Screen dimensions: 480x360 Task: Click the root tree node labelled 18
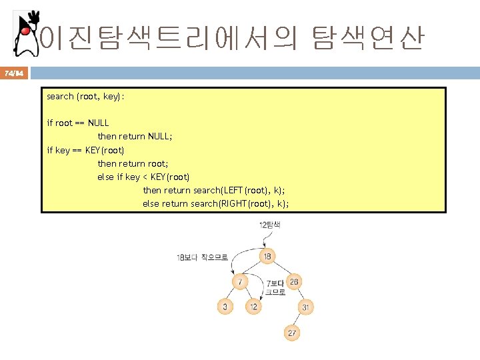pos(267,257)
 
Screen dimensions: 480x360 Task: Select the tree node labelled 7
pos(240,282)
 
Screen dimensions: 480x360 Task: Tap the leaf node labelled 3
pos(225,307)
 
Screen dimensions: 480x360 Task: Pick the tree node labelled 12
pos(253,307)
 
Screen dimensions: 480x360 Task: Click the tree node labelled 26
pos(293,282)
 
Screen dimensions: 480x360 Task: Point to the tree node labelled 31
pos(305,307)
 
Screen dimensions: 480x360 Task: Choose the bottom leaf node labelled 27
pos(291,332)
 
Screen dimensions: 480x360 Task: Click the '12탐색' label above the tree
pos(270,225)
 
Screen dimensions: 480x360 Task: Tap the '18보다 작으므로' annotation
pos(202,257)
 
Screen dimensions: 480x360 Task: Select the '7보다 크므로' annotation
pos(275,287)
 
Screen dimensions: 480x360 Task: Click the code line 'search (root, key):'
pos(85,97)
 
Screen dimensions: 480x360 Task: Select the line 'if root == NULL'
pos(77,123)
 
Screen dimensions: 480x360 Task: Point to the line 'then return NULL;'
pos(135,136)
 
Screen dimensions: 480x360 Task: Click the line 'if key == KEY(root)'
pos(85,150)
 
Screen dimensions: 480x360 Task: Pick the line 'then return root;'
pos(132,163)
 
